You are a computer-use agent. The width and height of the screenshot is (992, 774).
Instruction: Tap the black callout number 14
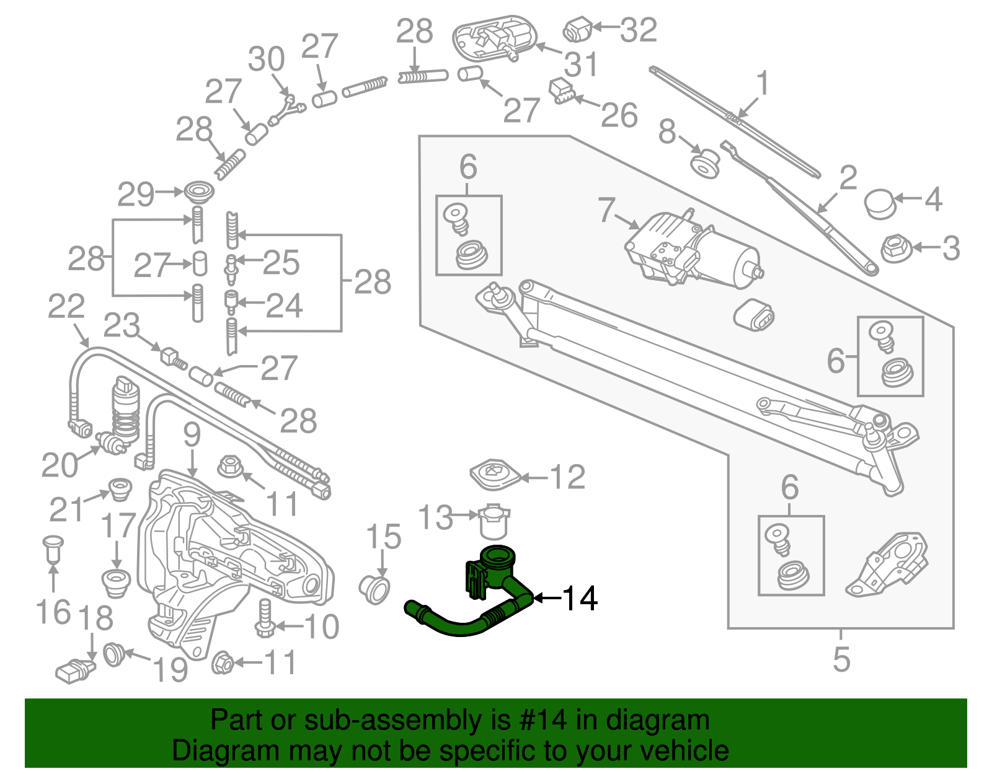click(580, 599)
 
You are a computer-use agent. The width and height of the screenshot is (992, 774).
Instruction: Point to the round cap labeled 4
click(879, 203)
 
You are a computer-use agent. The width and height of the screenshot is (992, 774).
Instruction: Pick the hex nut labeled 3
click(895, 248)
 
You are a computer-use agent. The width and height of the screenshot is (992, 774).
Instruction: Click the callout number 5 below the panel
click(841, 659)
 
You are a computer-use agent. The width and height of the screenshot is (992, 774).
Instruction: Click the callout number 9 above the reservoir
click(192, 436)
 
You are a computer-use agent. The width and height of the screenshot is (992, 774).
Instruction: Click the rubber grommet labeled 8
click(706, 162)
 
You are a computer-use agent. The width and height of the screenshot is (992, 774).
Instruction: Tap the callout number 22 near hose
click(66, 307)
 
